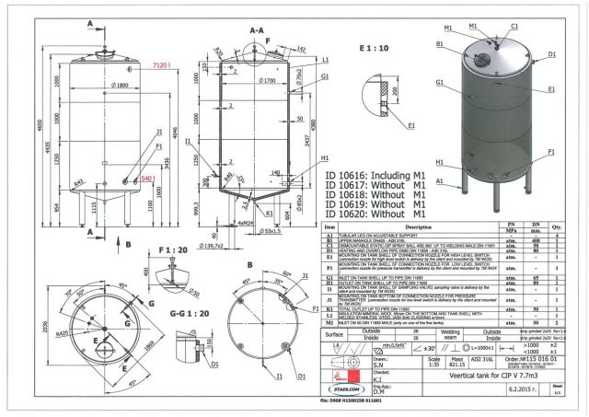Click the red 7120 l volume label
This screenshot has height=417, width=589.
click(164, 66)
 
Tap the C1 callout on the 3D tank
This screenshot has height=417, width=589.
click(514, 27)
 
